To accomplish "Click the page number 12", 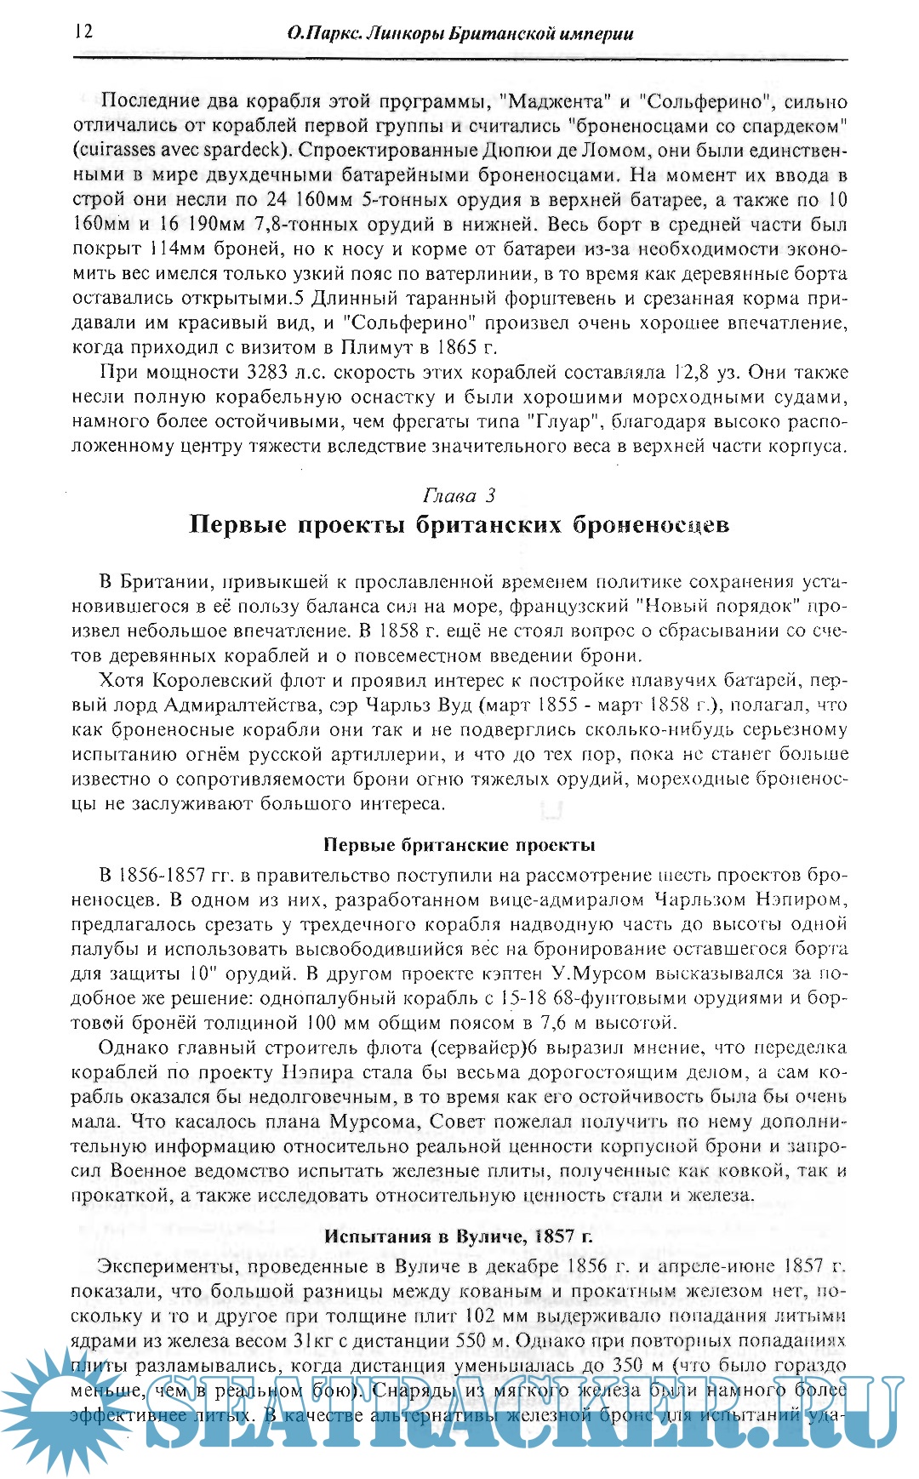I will point(83,31).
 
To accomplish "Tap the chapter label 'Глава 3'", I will point(459,495).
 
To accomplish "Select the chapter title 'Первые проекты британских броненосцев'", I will point(459,524).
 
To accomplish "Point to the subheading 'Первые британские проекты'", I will point(459,845).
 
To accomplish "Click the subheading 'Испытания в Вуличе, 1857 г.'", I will point(459,1236).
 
